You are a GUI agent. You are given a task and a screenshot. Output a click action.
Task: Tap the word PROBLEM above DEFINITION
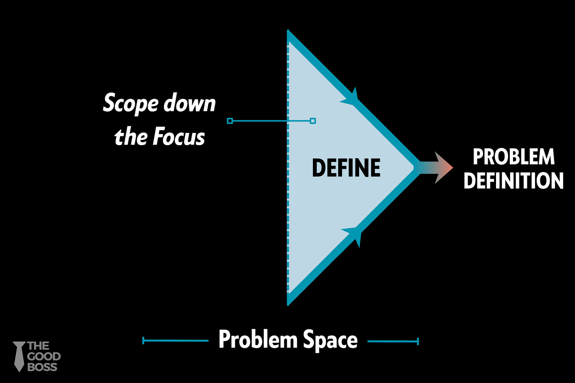(x=513, y=157)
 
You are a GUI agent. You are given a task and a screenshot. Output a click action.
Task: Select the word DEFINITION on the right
(x=513, y=181)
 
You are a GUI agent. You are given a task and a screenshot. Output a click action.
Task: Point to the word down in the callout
(x=190, y=103)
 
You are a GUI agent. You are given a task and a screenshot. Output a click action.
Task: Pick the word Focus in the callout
(x=179, y=137)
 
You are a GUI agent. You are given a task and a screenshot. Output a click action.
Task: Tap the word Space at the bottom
(x=330, y=340)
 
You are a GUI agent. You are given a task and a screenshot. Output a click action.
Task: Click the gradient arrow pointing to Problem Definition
(x=434, y=167)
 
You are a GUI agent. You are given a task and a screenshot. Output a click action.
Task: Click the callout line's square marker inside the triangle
(x=313, y=121)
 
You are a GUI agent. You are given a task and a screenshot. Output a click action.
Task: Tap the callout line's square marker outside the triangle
(x=230, y=121)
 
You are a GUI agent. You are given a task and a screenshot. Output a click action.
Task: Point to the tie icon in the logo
(x=19, y=356)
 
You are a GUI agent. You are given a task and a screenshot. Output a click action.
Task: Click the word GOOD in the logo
(x=44, y=357)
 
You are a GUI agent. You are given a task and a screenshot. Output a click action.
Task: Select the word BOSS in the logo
(x=42, y=367)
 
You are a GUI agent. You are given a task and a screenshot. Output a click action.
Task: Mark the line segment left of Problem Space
(x=175, y=340)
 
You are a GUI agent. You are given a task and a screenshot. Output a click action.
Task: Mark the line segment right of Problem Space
(x=393, y=341)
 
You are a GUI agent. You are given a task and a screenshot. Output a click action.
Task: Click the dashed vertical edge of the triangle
(x=288, y=197)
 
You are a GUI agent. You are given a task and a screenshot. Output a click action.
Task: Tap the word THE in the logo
(x=38, y=346)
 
